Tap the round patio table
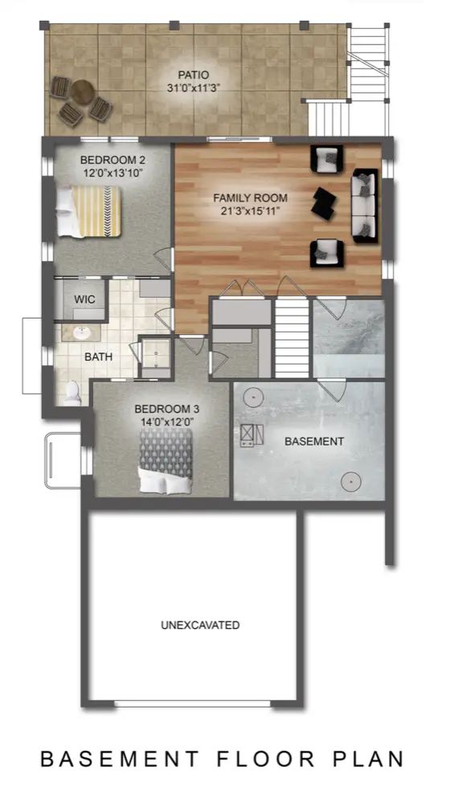click(82, 93)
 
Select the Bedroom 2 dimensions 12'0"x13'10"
click(112, 173)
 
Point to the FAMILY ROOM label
click(250, 198)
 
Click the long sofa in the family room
click(364, 206)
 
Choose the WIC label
click(84, 300)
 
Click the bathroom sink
click(81, 333)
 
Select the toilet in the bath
click(72, 393)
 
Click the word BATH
click(98, 357)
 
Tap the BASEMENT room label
click(313, 441)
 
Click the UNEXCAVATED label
click(200, 625)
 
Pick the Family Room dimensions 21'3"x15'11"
click(250, 210)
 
